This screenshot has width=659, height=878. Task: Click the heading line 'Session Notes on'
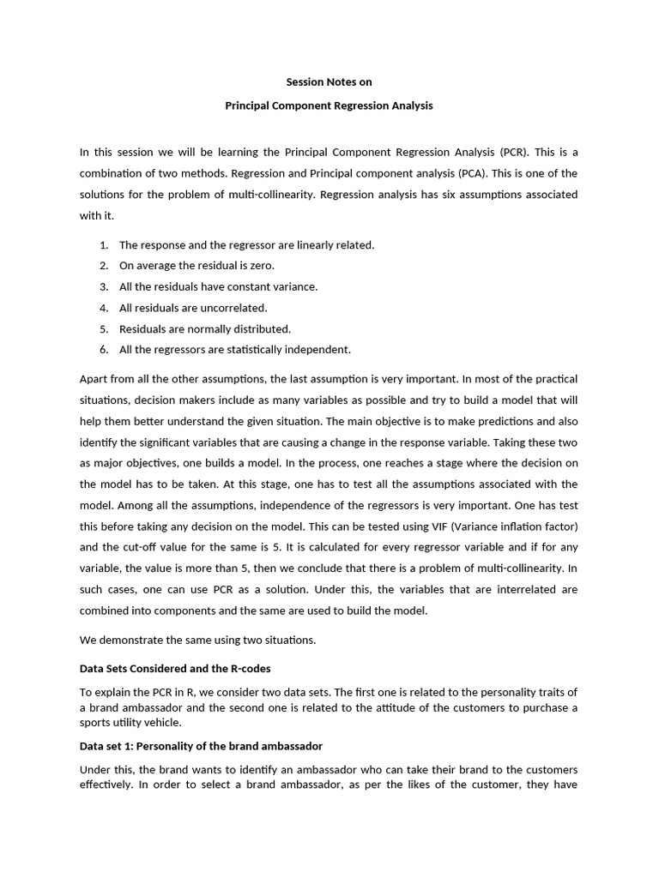329,82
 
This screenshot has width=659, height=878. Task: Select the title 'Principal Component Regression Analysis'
329,106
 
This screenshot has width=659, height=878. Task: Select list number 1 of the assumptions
103,245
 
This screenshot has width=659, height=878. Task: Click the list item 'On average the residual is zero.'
196,266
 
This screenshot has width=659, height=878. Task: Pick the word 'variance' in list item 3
296,286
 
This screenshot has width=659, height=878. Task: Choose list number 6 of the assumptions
103,349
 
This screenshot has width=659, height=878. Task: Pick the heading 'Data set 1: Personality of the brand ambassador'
201,746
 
